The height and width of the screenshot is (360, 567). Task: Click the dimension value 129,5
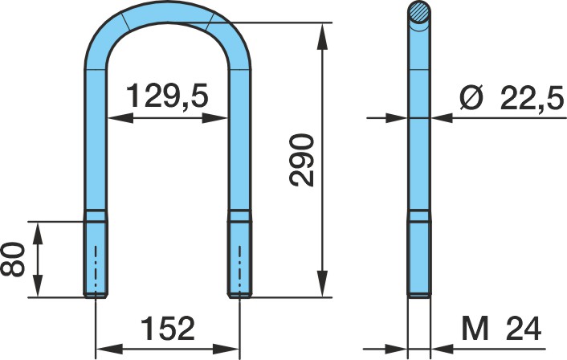[x=167, y=96]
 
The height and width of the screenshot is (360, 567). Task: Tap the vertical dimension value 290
[x=302, y=160]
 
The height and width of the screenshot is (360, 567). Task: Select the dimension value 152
[x=167, y=329]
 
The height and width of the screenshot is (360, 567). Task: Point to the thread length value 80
[x=13, y=260]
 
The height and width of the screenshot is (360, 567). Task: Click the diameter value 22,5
[x=532, y=98]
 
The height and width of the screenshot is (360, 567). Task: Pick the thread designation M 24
[x=501, y=329]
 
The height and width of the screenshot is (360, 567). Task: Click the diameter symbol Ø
[x=472, y=98]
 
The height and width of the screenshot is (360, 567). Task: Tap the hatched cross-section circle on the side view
[x=419, y=11]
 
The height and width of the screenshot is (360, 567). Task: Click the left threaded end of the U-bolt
[x=95, y=260]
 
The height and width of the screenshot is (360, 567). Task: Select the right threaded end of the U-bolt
[x=239, y=260]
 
